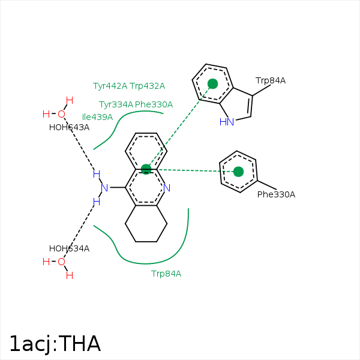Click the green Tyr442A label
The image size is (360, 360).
pyautogui.click(x=110, y=86)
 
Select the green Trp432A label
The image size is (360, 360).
pyautogui.click(x=147, y=86)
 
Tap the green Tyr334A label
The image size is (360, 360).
pyautogui.click(x=116, y=104)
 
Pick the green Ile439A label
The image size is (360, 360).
pyautogui.click(x=97, y=117)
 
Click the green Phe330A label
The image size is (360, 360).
pyautogui.click(x=154, y=104)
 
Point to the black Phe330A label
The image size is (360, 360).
pyautogui.click(x=276, y=194)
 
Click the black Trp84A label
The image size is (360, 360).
pyautogui.click(x=271, y=80)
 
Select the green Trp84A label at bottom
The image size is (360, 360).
pyautogui.click(x=166, y=274)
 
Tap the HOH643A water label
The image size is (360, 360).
pyautogui.click(x=69, y=127)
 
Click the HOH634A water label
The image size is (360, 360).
pyautogui.click(x=69, y=248)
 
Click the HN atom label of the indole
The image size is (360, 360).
pyautogui.click(x=227, y=122)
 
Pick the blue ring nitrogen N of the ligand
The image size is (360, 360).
pyautogui.click(x=167, y=188)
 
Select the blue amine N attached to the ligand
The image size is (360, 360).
pyautogui.click(x=104, y=188)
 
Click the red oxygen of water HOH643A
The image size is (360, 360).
pyautogui.click(x=61, y=114)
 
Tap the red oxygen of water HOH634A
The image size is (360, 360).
pyautogui.click(x=61, y=262)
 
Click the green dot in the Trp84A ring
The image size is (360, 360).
pyautogui.click(x=212, y=83)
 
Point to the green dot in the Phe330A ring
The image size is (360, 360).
pyautogui.click(x=238, y=172)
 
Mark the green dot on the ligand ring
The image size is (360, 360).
pyautogui.click(x=146, y=169)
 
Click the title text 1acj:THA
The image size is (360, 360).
pyautogui.click(x=55, y=344)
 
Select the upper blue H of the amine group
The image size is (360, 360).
pyautogui.click(x=96, y=174)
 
